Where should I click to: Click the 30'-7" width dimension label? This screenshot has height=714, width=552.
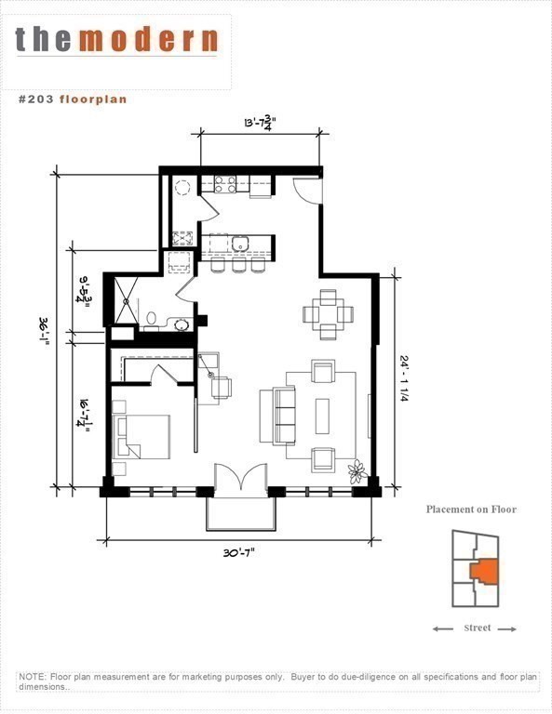(239, 553)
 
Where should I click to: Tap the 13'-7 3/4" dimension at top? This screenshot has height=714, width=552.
(261, 124)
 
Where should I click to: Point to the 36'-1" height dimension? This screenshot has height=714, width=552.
(45, 333)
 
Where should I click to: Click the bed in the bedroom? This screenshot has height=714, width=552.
(141, 437)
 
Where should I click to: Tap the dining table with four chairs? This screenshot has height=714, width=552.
(329, 314)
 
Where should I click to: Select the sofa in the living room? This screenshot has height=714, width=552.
(277, 416)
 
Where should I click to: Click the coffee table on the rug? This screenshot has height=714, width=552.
(322, 416)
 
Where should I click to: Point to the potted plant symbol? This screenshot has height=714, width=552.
(357, 471)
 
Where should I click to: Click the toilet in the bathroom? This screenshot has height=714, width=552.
(152, 320)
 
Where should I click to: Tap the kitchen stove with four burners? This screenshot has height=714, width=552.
(225, 183)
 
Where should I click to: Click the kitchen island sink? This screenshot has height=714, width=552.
(240, 244)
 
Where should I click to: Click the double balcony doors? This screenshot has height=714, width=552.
(241, 477)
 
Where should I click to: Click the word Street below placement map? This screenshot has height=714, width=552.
(478, 628)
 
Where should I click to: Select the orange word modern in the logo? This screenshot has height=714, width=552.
(149, 40)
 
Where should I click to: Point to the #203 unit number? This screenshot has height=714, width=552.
(36, 99)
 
